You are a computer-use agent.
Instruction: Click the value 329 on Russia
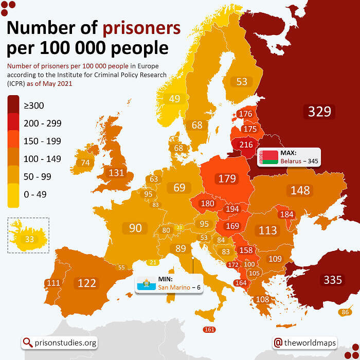point(319,112)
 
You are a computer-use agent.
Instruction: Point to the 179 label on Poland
point(227,179)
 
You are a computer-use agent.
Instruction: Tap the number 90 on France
point(135,228)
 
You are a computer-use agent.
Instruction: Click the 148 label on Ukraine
point(300,190)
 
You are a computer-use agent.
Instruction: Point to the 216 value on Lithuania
point(246,145)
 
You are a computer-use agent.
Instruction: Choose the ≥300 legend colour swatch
point(13,105)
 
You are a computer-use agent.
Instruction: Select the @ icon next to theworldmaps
point(278,343)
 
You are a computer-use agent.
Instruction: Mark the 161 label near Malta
point(209,330)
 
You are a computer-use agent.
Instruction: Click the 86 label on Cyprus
point(345,312)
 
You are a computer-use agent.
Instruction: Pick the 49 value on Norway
point(175,99)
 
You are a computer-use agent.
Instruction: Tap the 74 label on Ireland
point(85,163)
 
